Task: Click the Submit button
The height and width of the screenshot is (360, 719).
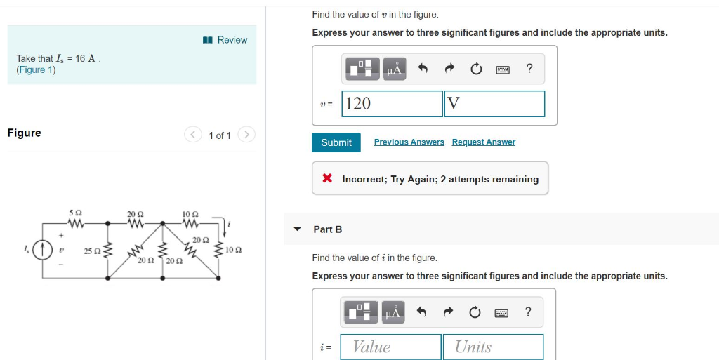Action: [336, 142]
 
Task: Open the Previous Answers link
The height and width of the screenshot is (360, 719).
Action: [409, 142]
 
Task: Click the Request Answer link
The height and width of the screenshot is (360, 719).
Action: [483, 142]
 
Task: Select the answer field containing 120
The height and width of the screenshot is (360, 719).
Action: [393, 104]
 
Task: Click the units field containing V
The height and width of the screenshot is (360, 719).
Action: [495, 104]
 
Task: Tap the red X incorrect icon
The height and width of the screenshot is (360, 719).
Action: [327, 179]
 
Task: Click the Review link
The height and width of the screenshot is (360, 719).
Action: [226, 40]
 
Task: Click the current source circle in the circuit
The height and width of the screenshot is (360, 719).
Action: [44, 249]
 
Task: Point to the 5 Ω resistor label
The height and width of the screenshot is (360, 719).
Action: [76, 213]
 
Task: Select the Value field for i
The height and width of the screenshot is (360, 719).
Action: [391, 347]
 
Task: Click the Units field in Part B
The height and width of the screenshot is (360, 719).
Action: [493, 347]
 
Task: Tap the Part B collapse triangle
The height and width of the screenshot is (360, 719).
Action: [297, 229]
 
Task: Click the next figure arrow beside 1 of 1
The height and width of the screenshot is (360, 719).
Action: [246, 134]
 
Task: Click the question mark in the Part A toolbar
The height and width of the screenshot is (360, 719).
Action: [529, 68]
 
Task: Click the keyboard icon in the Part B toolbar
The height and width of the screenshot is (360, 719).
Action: [503, 312]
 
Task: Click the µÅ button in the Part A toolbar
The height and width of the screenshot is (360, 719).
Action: [395, 69]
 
